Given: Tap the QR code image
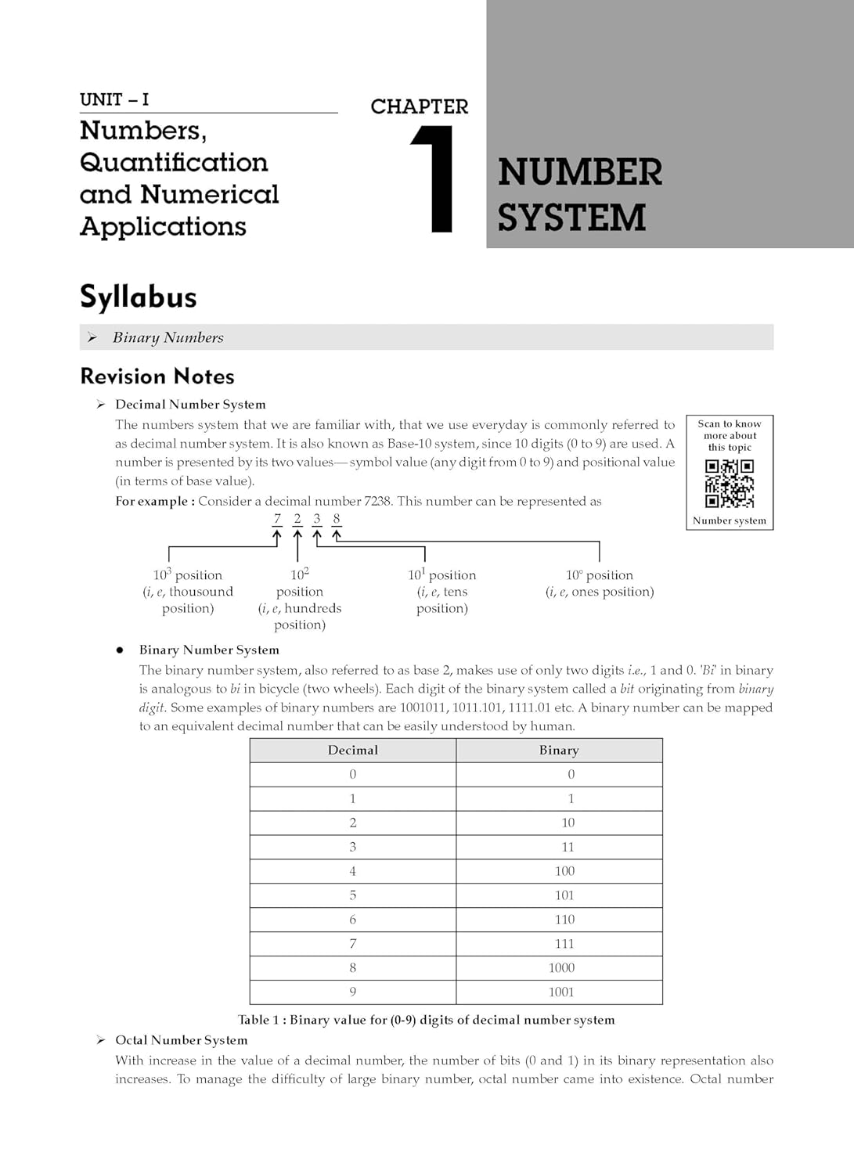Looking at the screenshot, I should coord(730,483).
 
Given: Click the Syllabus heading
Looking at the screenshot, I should coord(139,297).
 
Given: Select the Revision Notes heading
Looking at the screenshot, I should coord(157,376).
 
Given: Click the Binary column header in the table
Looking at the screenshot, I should coord(559,750).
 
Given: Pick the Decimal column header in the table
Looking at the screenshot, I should coord(352,750).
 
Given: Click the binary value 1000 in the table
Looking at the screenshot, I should coord(562,967).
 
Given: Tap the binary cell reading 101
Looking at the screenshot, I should coord(564,895).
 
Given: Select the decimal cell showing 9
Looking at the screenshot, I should coord(352,992).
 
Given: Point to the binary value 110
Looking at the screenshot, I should coord(564,919).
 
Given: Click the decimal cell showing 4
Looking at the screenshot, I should coord(352,870).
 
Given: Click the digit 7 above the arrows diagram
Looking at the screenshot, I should coord(277,519).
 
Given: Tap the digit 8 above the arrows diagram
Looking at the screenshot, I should coord(337,519).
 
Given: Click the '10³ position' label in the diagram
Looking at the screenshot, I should coord(188,575).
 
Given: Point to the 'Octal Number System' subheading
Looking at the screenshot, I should coord(182,1040).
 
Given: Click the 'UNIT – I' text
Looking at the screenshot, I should coord(114,99).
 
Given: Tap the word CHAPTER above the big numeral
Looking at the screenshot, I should coord(420,106).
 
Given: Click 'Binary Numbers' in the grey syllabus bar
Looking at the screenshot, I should coord(168,337).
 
